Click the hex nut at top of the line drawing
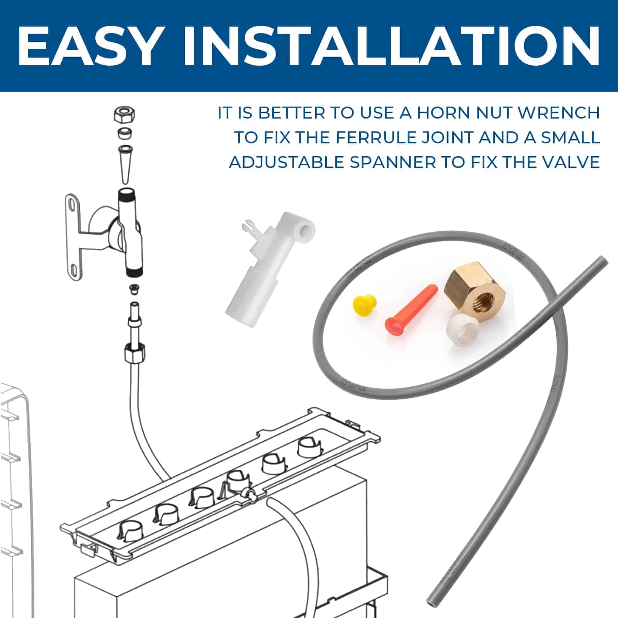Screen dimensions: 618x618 coord(124,115)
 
